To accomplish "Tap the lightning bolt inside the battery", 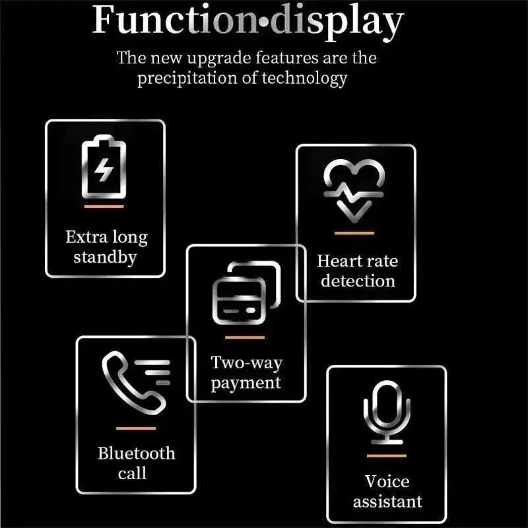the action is pos(104,170).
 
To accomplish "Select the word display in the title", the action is pos(337,22).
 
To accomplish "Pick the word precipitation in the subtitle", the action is pos(187,79).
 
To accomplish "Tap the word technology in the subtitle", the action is pos(304,79).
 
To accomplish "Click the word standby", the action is pos(105,257).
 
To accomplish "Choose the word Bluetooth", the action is pos(137,453).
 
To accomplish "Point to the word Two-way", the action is pos(246,363).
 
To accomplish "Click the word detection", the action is pos(358,281).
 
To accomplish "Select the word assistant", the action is pos(387,502).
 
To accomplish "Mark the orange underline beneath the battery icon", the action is pos(104,207).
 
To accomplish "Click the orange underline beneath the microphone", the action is pos(387,456).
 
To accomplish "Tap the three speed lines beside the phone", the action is pos(152,372).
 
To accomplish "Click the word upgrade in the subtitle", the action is pos(219,59).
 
